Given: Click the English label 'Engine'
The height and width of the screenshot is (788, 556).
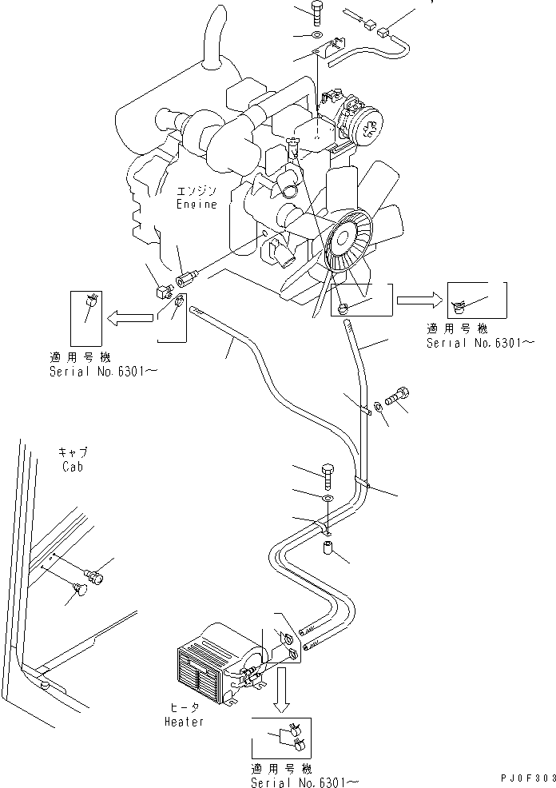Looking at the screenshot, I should [197, 205].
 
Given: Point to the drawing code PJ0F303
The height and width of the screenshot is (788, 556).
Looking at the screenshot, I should [523, 778].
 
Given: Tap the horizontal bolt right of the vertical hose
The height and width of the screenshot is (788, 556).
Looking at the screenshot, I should [398, 396].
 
